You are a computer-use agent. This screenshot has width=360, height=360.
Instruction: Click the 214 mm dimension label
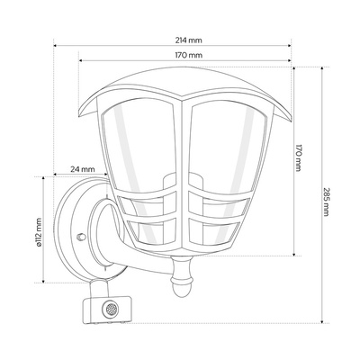[x=189, y=40]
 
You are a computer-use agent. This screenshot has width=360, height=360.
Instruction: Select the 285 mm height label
[x=327, y=202]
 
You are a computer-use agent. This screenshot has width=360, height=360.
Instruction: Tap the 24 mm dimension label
[x=83, y=169]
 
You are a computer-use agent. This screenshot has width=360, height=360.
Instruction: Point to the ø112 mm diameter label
[x=38, y=232]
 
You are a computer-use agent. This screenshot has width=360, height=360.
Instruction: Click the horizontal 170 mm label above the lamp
[x=189, y=55]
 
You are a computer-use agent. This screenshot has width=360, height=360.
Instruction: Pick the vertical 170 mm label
[x=298, y=158]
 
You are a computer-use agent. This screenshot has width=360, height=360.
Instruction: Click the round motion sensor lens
[x=111, y=309]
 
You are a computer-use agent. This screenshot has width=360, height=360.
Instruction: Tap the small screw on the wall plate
[x=81, y=237]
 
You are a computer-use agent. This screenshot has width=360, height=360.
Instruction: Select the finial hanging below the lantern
[x=181, y=276]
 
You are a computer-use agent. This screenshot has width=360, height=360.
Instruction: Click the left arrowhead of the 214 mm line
[x=55, y=46]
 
